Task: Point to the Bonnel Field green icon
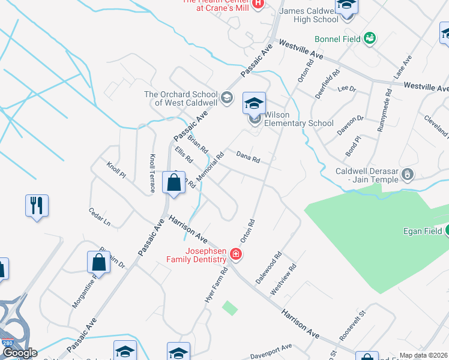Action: pyautogui.click(x=370, y=39)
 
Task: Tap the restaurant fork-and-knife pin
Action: pyautogui.click(x=37, y=206)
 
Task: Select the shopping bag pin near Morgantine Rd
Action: pyautogui.click(x=98, y=263)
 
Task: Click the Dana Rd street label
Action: pyautogui.click(x=247, y=158)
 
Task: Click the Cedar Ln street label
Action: pyautogui.click(x=100, y=218)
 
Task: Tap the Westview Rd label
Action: pyautogui.click(x=284, y=279)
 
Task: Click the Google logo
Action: pyautogui.click(x=20, y=353)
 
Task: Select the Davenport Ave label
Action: pyautogui.click(x=271, y=349)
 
